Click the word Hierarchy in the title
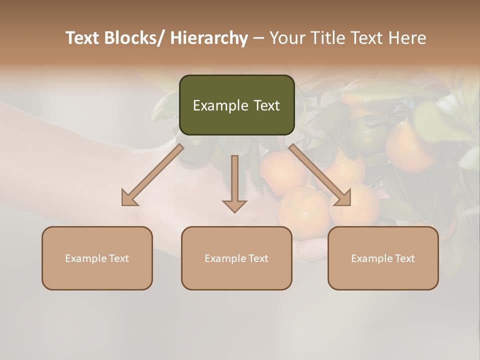tap(208, 38)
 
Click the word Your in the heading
tap(286, 38)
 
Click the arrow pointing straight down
tap(234, 182)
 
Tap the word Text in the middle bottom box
tap(257, 258)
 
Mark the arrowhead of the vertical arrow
tap(234, 206)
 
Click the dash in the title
tap(258, 39)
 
